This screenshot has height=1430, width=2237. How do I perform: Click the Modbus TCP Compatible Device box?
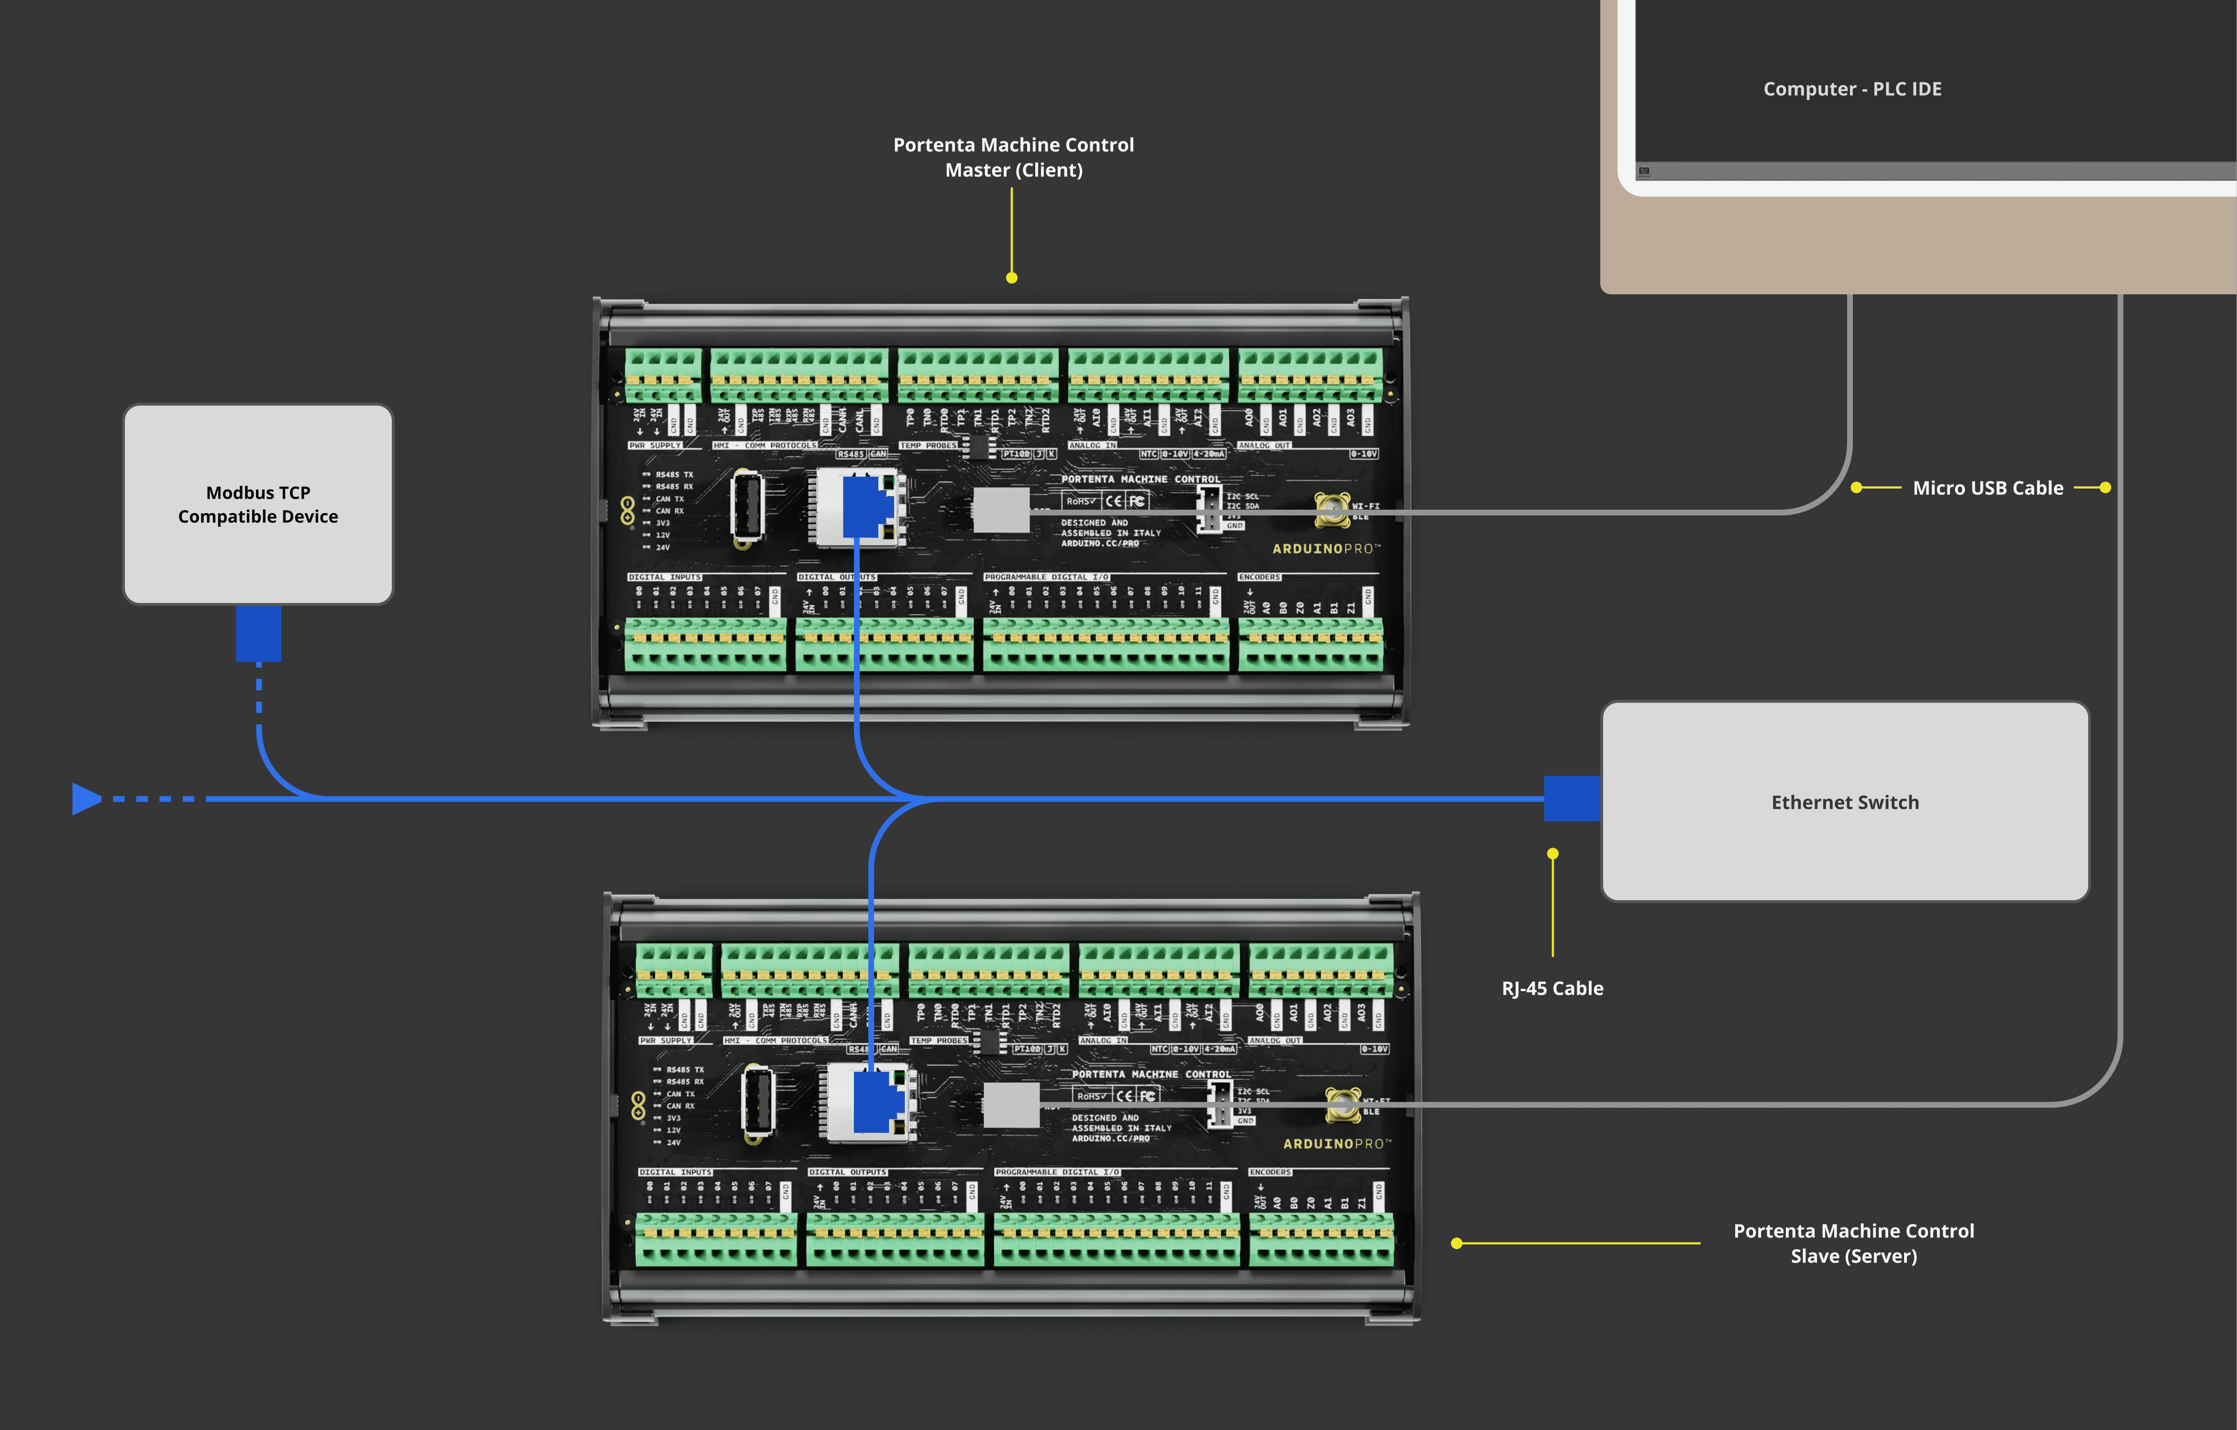258,503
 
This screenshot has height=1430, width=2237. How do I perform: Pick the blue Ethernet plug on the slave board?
875,1102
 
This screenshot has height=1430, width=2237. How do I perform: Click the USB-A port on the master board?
747,505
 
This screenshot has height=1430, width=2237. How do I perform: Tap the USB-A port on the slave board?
758,1101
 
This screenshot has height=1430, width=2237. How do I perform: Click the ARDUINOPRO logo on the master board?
1326,549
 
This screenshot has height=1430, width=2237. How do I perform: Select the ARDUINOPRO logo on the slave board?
1337,1144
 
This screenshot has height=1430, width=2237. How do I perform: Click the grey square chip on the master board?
1000,510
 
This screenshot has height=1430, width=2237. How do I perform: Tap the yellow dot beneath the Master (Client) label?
1012,278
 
